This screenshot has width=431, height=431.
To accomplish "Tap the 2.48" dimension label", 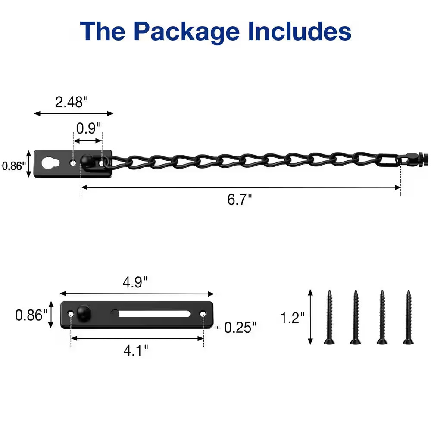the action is pos(72,102).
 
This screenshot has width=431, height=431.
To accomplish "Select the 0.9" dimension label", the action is pos(88,128).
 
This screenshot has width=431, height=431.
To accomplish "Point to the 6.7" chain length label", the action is pos(239,199).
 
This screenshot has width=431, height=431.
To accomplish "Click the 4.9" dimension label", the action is pos(135,282).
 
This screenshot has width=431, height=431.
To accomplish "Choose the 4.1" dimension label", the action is pos(136,350).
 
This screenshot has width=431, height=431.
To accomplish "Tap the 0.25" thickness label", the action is pos(240,328).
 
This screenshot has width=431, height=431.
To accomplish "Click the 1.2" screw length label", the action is pos(292,318).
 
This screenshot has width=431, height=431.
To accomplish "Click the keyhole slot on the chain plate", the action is pos(50,163).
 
